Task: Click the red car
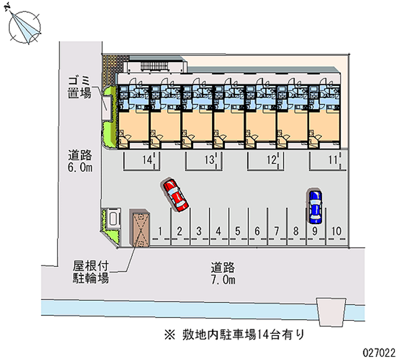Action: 175,196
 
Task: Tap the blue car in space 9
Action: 314,206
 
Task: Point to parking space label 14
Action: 146,159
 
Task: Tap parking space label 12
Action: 271,159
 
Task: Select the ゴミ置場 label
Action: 79,86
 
